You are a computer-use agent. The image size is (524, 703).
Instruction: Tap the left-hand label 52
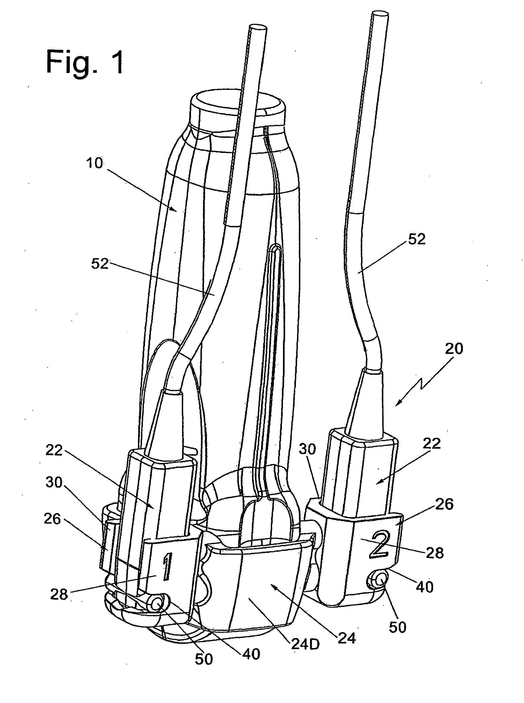click(100, 264)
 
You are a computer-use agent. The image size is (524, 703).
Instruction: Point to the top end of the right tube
click(380, 14)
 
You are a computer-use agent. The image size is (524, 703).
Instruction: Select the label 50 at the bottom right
click(397, 627)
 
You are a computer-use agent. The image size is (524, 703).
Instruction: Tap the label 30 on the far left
click(54, 482)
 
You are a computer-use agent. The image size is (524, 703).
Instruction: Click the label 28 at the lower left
click(59, 594)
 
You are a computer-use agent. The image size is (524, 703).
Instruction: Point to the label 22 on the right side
click(432, 444)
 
